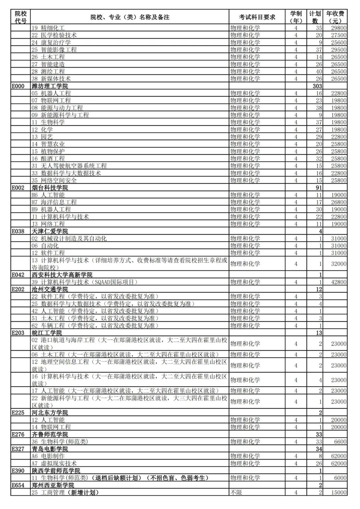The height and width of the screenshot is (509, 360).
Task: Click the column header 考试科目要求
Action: tap(257, 17)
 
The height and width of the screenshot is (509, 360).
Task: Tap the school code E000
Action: tap(18, 86)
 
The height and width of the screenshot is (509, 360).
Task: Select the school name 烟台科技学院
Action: tap(50, 188)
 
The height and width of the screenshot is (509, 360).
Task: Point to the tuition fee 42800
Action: tap(339, 282)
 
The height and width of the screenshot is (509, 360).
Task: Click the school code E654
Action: tap(18, 485)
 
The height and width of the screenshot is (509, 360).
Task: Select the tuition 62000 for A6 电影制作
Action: tap(339, 456)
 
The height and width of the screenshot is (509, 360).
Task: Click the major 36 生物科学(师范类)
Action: tap(60, 442)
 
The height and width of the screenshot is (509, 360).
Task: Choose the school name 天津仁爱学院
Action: tap(50, 231)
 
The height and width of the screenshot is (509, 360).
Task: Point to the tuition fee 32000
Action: tap(339, 264)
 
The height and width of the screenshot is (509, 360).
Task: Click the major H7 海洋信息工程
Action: tap(54, 202)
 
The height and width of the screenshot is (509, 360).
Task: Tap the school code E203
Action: tap(18, 333)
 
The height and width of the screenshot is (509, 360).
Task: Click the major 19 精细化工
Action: tap(48, 28)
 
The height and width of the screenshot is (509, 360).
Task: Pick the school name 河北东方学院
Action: tap(50, 413)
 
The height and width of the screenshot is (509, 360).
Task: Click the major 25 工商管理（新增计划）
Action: tap(65, 492)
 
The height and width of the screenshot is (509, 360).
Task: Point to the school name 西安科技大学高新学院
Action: tap(62, 275)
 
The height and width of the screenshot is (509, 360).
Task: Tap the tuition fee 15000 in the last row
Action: tap(339, 492)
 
